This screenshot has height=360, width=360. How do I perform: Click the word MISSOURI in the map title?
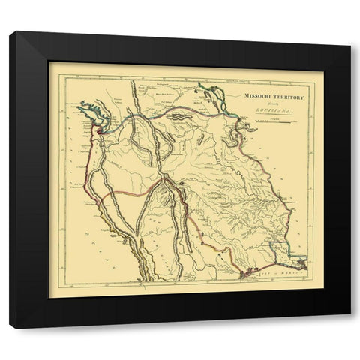tap(255, 97)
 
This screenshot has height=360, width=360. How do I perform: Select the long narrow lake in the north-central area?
tap(179, 117)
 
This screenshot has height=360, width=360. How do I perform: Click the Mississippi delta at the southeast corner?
tap(301, 264)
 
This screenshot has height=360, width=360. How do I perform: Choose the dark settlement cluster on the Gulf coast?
tap(247, 274)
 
